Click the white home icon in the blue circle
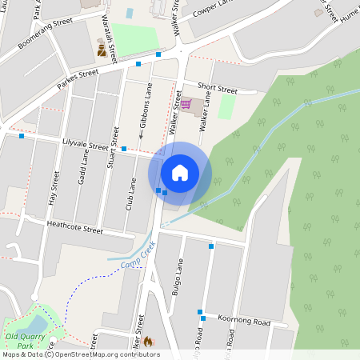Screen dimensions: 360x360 (180, 173)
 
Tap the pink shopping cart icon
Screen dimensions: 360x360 (186, 105)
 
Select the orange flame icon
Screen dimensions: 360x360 (147, 341)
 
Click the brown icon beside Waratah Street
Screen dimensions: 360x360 (101, 50)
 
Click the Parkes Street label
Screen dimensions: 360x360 (77, 78)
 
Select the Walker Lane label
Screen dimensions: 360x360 (205, 111)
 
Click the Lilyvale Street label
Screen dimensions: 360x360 (85, 145)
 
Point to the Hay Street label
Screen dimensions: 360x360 (55, 188)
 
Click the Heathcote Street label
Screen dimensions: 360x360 (75, 229)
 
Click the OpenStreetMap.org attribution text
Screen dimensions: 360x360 (97, 354)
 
